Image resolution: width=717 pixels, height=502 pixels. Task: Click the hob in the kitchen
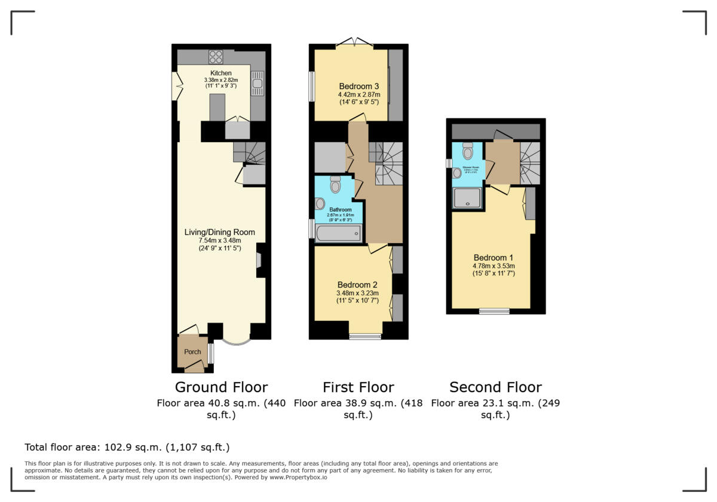[x=216, y=57]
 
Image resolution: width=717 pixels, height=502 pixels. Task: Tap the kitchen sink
[x=258, y=83]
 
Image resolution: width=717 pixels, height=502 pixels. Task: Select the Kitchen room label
[x=220, y=74]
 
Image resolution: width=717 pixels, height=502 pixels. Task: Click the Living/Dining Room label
[x=219, y=232]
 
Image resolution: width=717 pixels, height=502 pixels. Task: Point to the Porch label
[x=192, y=352]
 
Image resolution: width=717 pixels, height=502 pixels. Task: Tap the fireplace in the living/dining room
[x=258, y=261]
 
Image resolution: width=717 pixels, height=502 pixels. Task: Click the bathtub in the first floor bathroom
[x=339, y=233]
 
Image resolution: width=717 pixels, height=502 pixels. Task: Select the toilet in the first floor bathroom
[x=335, y=185]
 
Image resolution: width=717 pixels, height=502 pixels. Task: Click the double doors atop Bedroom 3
[x=355, y=42]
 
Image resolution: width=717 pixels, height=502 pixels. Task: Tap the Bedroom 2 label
[x=357, y=284]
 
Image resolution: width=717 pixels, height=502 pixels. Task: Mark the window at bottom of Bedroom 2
[x=365, y=336]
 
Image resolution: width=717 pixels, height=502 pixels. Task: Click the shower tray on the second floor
[x=467, y=198]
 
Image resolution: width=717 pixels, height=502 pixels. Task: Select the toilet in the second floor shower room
[x=468, y=151]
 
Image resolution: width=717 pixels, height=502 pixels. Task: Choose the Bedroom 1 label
[x=494, y=258]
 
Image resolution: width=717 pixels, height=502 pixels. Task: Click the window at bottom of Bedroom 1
[x=494, y=311]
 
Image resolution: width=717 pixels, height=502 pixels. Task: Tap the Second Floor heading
[x=495, y=387]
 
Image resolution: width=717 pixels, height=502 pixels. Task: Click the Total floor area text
[x=127, y=447]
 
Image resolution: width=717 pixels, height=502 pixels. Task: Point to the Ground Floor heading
[x=221, y=387]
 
